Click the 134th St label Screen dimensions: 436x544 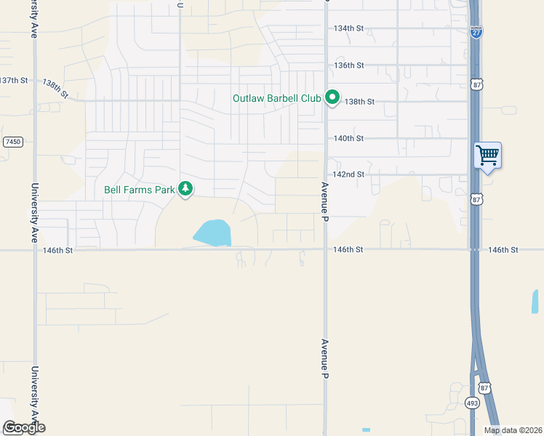[348, 28]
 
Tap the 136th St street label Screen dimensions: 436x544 [348, 65]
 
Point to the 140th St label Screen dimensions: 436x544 [348, 138]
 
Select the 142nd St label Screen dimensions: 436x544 [348, 174]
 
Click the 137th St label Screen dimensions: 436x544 [14, 80]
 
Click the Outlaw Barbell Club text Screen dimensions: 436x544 [276, 98]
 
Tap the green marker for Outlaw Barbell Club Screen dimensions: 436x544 [332, 97]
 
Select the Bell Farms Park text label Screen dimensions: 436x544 [140, 190]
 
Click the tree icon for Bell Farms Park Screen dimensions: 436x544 [186, 189]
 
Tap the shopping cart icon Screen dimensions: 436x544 [487, 154]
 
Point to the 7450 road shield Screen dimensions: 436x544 [12, 142]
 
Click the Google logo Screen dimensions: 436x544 [24, 427]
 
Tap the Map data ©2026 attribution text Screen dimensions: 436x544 [513, 430]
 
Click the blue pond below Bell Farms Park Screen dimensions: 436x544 [212, 233]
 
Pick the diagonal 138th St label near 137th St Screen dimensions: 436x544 [55, 89]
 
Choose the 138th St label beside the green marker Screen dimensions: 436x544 [360, 102]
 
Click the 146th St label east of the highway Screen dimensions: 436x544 [503, 250]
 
